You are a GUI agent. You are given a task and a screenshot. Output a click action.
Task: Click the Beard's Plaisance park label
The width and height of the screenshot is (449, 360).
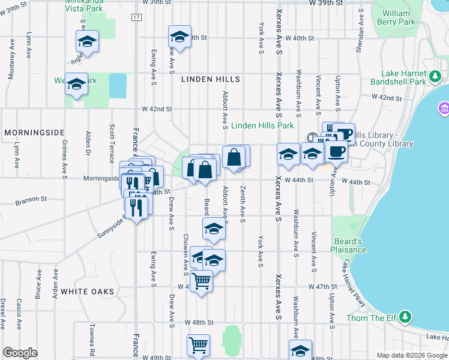(x=351, y=245)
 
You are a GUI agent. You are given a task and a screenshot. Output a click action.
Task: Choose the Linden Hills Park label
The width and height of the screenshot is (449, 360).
(x=262, y=126)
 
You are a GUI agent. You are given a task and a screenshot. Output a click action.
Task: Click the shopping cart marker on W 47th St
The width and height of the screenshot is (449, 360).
(x=201, y=280)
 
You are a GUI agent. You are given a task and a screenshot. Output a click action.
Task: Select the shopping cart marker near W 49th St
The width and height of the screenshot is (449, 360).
(x=198, y=344)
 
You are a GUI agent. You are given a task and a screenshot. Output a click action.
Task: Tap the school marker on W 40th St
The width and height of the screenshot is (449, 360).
(x=179, y=36)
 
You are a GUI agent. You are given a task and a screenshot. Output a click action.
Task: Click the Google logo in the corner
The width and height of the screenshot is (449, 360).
(x=20, y=353)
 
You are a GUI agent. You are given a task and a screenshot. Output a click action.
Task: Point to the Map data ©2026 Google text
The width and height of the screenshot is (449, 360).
(x=411, y=355)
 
